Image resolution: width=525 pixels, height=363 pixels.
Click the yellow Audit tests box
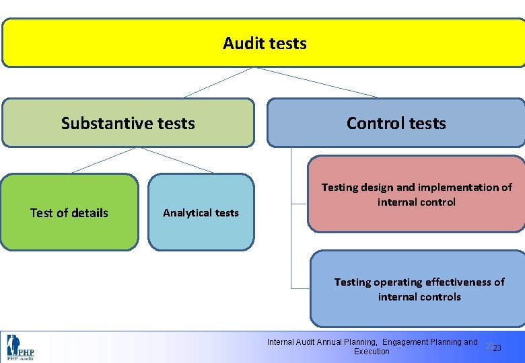[264, 43]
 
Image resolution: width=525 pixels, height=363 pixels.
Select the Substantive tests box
[128, 123]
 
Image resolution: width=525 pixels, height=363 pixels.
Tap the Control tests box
[396, 123]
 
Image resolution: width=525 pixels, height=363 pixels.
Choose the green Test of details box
[69, 212]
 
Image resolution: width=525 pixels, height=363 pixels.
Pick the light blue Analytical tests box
[201, 212]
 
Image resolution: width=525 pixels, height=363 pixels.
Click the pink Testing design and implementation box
[416, 194]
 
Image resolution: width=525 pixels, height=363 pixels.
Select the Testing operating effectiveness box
[419, 289]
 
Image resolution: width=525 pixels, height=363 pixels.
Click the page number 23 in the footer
[497, 348]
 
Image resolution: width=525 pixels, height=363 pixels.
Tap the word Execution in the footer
[372, 352]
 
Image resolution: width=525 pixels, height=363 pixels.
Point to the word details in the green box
[91, 213]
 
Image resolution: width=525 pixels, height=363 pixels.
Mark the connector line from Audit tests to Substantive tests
[218, 82]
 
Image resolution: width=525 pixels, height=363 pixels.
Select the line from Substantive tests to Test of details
[104, 160]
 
